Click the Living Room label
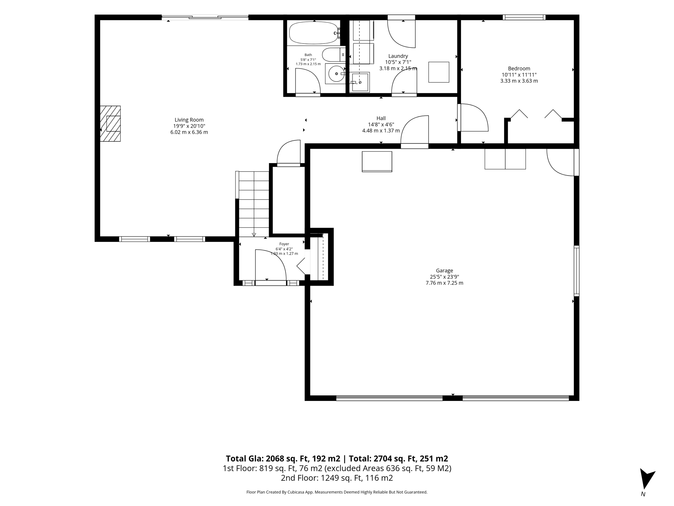tap(189, 120)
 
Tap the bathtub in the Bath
tap(313, 33)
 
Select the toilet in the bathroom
tap(333, 55)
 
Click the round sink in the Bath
tap(335, 74)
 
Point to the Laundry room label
tap(398, 56)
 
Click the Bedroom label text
tap(519, 69)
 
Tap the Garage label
tap(444, 270)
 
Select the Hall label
tap(381, 118)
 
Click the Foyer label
tap(284, 244)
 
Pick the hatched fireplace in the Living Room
tap(110, 124)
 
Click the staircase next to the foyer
tap(253, 204)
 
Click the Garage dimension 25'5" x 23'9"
tap(444, 277)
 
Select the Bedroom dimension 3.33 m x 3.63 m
tap(519, 81)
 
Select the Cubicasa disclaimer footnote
tap(337, 492)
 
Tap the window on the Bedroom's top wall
tap(524, 17)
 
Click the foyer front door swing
tap(271, 266)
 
